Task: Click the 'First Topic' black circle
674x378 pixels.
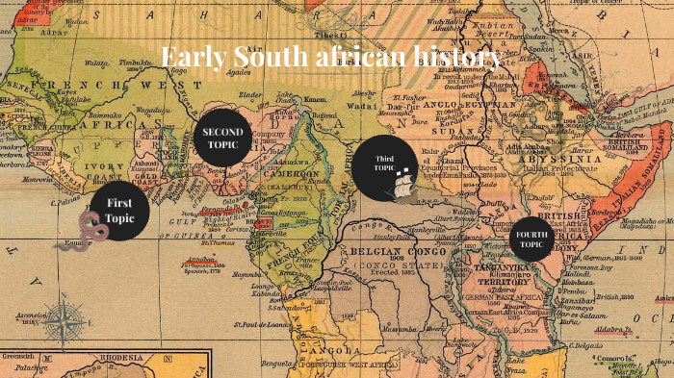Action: coord(119,212)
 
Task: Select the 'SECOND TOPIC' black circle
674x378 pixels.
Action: coord(222,138)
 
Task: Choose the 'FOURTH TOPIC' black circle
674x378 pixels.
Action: coord(530,239)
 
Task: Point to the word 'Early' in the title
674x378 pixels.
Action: coord(192,57)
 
